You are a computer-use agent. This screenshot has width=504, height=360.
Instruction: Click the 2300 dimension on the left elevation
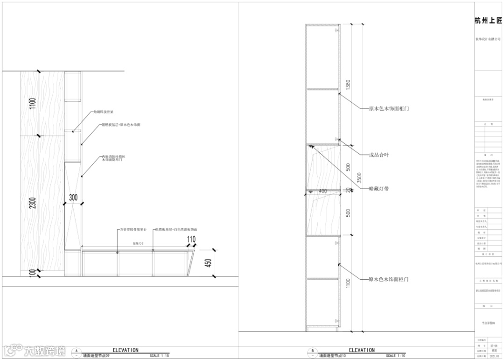coord(33,203)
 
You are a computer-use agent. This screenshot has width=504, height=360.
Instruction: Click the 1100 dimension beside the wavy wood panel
coord(33,104)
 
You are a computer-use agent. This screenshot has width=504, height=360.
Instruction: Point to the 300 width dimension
coord(73,198)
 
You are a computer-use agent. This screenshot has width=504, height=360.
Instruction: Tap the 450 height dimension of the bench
coord(208,264)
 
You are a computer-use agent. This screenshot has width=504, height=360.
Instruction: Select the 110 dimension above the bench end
coord(191,240)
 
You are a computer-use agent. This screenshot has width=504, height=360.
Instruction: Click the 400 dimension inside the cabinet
coord(322,191)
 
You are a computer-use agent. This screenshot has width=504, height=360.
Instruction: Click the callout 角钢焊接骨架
coord(103,112)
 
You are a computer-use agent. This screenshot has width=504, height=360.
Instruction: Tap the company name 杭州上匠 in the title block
coord(488,21)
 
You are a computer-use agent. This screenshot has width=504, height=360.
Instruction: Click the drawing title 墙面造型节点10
coord(334,356)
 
